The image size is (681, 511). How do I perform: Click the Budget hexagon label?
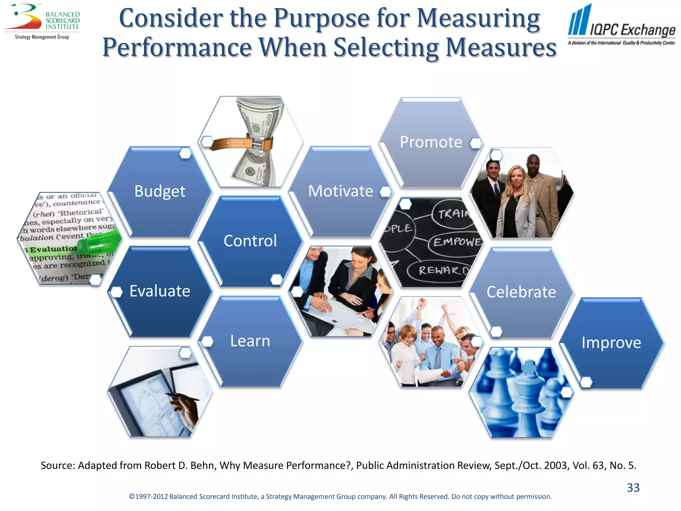click(x=160, y=191)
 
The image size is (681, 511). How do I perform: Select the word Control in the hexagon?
click(x=250, y=241)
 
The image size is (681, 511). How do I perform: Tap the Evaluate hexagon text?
click(x=160, y=291)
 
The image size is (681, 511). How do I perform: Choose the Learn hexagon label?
click(x=250, y=341)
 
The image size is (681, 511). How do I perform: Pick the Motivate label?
click(x=340, y=191)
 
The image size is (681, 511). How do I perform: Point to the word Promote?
click(x=431, y=142)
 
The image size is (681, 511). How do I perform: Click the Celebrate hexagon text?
click(x=521, y=292)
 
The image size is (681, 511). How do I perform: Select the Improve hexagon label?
click(x=611, y=342)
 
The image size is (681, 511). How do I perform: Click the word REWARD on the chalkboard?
click(x=442, y=270)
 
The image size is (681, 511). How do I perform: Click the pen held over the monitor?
click(x=181, y=396)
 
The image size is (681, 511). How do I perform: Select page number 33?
click(x=633, y=487)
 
